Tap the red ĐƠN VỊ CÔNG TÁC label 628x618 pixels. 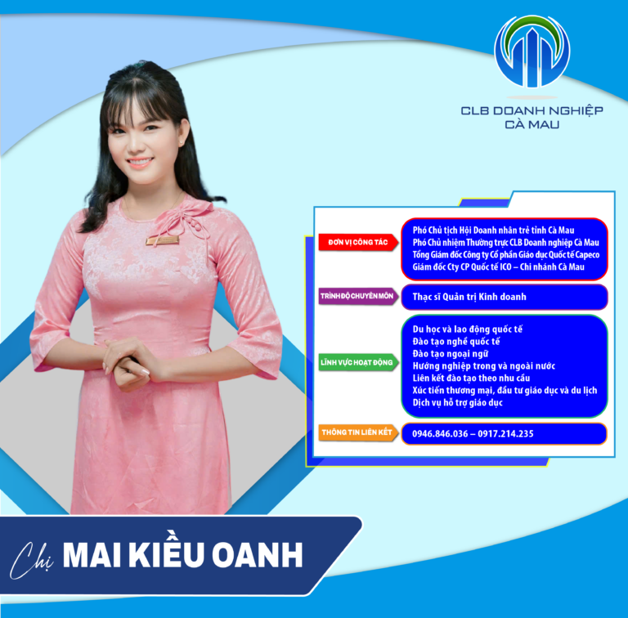tap(357, 243)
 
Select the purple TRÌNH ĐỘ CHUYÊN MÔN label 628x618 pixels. tap(357, 297)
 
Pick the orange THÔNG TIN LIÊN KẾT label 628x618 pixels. tap(357, 432)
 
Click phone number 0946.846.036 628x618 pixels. tap(437, 433)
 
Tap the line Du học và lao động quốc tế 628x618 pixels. tap(467, 329)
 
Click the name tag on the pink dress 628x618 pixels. tap(161, 241)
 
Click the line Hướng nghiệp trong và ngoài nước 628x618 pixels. tap(484, 365)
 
